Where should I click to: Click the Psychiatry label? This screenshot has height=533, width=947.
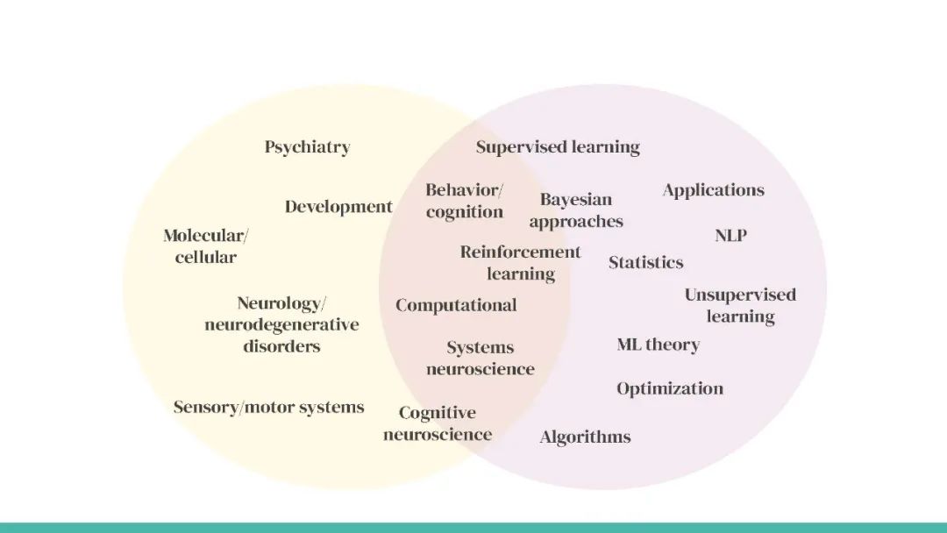click(307, 147)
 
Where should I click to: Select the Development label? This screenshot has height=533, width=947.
click(338, 207)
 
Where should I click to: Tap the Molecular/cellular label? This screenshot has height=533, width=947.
click(206, 246)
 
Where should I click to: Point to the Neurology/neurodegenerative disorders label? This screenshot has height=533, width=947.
click(281, 324)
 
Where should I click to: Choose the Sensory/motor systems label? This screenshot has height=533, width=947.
click(268, 407)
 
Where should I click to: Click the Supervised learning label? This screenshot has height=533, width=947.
click(558, 147)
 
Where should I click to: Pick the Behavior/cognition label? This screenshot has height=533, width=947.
click(465, 201)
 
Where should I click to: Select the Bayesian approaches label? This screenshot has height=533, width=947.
click(576, 210)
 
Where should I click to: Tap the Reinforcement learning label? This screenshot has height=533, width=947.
click(521, 263)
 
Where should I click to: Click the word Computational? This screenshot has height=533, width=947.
click(456, 305)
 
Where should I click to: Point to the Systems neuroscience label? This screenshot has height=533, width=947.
click(481, 359)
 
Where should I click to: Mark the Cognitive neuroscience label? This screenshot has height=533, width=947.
click(438, 423)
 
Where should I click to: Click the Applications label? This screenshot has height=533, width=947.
click(713, 190)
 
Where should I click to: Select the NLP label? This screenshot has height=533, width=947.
click(730, 236)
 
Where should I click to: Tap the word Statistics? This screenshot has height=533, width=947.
click(646, 262)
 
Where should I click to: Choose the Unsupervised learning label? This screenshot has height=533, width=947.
click(740, 305)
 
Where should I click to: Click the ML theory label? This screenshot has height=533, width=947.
click(659, 345)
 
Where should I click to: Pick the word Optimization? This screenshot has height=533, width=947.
click(670, 388)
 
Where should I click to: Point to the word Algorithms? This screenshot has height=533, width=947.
click(585, 437)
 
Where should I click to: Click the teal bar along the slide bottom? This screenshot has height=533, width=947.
click(473, 527)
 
